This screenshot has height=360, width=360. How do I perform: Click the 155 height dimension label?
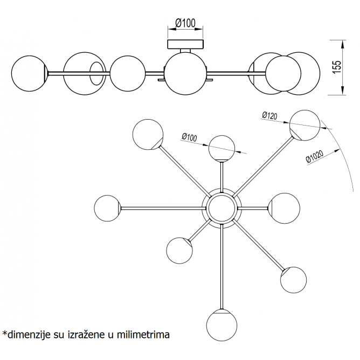[336, 66]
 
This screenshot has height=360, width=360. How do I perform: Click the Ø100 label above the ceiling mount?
[185, 24]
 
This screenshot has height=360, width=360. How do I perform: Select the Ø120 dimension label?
[269, 115]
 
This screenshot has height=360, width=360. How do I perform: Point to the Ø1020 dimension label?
[314, 158]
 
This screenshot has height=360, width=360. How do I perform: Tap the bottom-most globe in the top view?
[223, 324]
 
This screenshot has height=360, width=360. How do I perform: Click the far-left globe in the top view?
[108, 208]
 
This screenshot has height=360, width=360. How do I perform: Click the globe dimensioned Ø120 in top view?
[305, 125]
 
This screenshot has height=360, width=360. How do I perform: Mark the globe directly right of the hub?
[285, 207]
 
